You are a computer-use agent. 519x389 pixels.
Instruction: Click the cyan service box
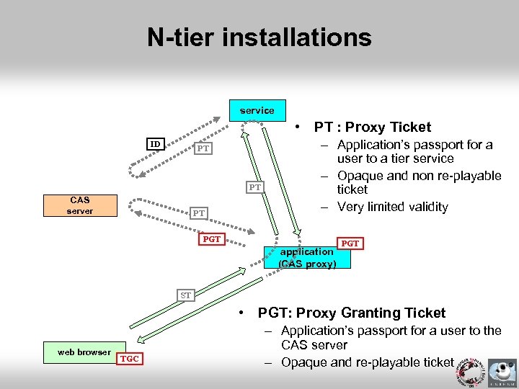click(257, 110)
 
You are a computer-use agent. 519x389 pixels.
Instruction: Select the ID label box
click(155, 144)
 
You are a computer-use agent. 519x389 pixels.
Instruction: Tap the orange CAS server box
click(80, 205)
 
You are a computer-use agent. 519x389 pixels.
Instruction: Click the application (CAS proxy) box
click(307, 257)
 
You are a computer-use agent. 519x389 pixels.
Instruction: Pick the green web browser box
click(84, 352)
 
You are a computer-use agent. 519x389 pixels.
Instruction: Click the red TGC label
click(130, 359)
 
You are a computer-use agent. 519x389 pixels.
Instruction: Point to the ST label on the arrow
click(186, 295)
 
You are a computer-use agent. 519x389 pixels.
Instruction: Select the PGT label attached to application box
click(350, 243)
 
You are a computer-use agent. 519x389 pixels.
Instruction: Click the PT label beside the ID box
click(203, 148)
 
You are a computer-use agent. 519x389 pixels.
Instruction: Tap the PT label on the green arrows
click(254, 187)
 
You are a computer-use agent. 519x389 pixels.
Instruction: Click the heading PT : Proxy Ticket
click(372, 128)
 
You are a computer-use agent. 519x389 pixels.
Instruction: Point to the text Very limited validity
click(393, 207)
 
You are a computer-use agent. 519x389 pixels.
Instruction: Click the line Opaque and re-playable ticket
click(367, 362)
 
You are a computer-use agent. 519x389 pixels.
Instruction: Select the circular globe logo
click(467, 367)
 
